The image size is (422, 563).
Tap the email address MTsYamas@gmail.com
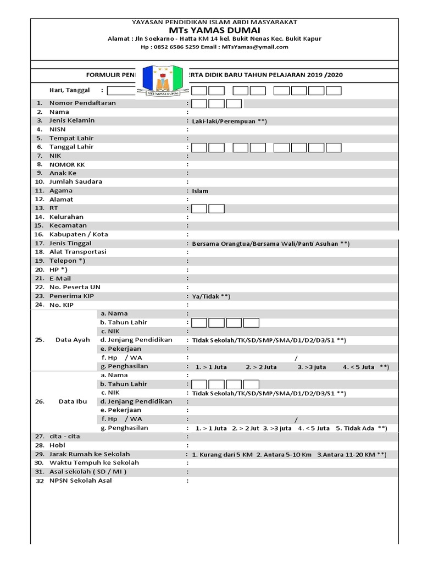click(255, 47)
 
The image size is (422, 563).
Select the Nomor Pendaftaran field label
click(82, 103)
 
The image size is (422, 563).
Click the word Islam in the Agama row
click(200, 191)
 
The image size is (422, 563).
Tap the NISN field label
click(58, 130)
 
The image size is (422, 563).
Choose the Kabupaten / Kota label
click(79, 234)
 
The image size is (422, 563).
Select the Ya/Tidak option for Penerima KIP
click(211, 296)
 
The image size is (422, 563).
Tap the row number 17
click(39, 243)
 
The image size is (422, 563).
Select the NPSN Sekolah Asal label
click(80, 481)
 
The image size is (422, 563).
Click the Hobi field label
click(58, 445)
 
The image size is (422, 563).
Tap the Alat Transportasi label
click(78, 252)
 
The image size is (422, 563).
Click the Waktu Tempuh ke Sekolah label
click(94, 463)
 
